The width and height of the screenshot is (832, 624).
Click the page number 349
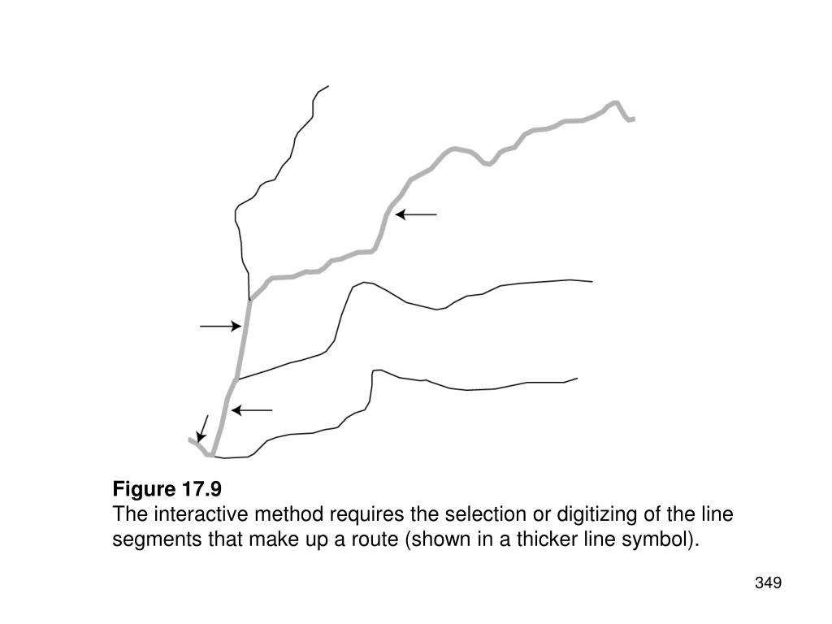point(768,583)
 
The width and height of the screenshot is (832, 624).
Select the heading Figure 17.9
point(167,489)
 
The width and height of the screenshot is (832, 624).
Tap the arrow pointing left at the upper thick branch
point(416,214)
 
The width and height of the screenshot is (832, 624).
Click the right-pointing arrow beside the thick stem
point(221,327)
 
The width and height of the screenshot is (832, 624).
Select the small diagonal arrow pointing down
point(203,428)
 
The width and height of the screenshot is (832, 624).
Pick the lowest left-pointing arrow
point(252,410)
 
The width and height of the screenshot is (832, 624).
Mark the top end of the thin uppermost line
point(328,85)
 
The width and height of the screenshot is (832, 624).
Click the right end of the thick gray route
point(633,119)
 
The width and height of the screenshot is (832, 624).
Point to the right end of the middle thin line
point(592,282)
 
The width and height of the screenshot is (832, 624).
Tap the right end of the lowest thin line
point(577,378)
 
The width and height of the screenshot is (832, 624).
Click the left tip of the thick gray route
point(189,439)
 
